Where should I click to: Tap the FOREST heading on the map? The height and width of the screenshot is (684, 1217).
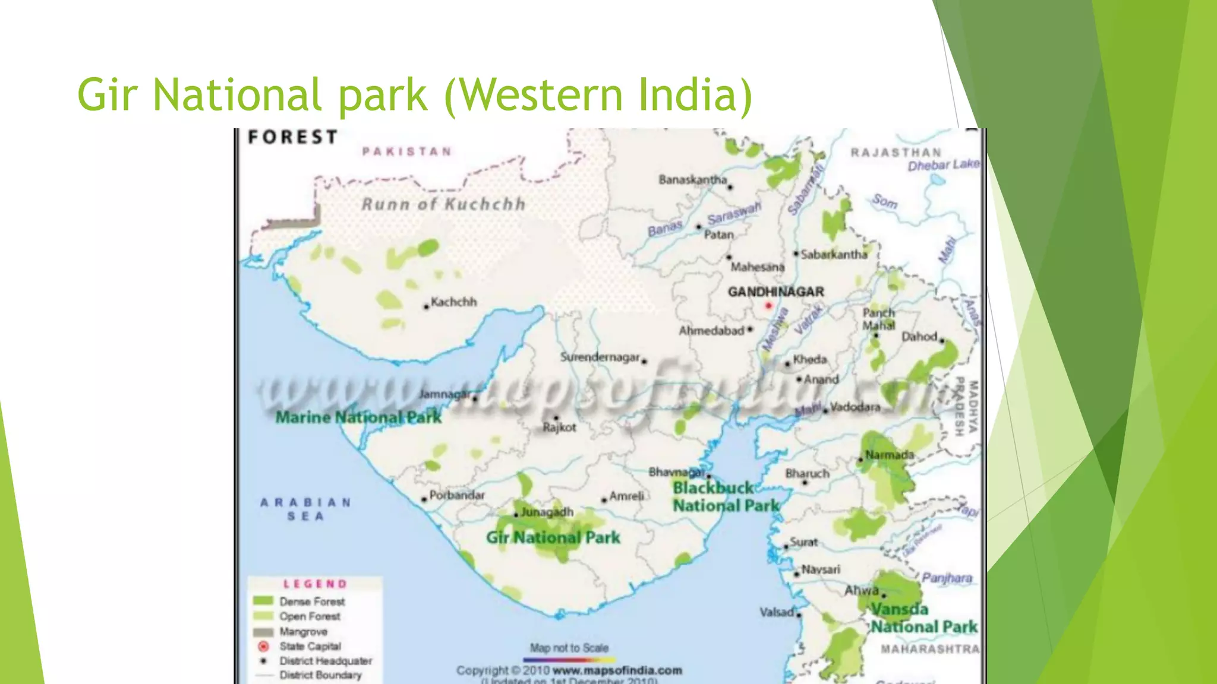click(292, 137)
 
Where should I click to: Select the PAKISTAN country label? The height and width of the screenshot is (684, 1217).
click(407, 151)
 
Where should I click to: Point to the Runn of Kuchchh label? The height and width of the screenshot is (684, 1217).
click(443, 204)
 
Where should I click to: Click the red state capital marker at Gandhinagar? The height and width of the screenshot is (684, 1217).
click(768, 305)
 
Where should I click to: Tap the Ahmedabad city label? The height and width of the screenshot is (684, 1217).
click(712, 330)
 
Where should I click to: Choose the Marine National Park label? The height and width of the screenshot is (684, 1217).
click(358, 417)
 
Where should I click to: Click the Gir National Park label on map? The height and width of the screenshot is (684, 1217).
click(553, 537)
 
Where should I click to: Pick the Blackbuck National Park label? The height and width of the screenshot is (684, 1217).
click(726, 496)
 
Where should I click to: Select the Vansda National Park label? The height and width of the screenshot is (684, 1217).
click(923, 618)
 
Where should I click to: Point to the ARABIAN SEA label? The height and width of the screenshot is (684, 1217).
click(305, 509)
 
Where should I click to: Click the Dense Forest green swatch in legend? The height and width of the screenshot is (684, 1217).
click(263, 601)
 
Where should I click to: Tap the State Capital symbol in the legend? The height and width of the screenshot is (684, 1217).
click(263, 646)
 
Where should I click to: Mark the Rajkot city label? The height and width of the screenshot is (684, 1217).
click(559, 427)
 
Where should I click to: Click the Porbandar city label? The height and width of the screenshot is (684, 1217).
click(456, 495)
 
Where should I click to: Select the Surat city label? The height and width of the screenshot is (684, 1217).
click(803, 542)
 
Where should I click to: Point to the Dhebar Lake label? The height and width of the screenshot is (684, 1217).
click(943, 165)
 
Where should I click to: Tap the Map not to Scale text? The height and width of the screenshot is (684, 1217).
click(569, 648)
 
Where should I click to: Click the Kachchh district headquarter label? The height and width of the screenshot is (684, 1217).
click(453, 302)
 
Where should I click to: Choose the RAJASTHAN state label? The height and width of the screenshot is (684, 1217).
click(896, 153)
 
